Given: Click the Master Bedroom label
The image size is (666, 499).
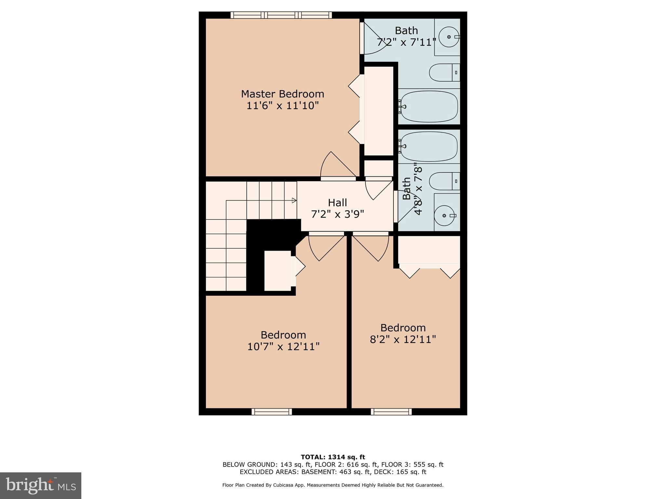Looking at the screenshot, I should point(282,94).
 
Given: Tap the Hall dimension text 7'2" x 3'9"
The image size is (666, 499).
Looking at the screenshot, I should point(338,214).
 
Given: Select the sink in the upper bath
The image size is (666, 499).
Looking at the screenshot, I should point(449,37).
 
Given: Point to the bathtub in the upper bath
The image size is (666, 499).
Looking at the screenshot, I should point(429,107).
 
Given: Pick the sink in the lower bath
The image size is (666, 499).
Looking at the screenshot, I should point(445,215).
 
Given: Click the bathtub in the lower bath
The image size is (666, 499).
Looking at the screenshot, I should point(429,147).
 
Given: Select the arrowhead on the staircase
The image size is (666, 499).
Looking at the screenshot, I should point(294,200).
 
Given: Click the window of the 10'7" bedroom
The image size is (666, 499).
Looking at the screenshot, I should point(272,412).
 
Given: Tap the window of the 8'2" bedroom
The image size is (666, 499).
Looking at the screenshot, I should point(391,412).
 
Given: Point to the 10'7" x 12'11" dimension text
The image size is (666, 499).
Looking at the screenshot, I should point(284,347).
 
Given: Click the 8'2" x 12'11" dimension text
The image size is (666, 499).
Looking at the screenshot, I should point(403,339).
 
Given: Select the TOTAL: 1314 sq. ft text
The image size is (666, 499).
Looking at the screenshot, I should point(333,457).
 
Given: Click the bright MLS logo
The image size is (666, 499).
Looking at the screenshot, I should point(41,486).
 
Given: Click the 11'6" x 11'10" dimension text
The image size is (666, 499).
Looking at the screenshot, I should point(282,106).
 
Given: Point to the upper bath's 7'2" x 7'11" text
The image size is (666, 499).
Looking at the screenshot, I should point(406,42).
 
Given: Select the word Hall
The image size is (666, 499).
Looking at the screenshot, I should point(337,203).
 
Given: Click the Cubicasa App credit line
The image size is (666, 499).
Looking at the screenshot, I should point(333,485).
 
